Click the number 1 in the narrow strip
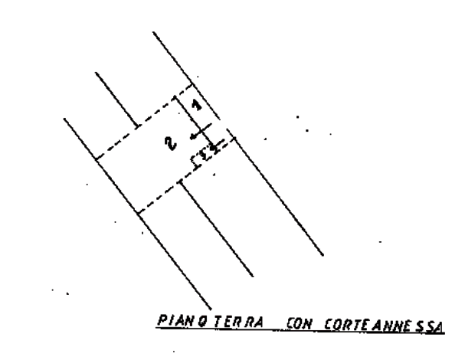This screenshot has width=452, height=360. [x=197, y=105]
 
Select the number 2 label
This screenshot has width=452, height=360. [x=171, y=143]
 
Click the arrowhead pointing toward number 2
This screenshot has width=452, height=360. [x=193, y=137]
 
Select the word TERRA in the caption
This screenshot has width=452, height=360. [x=239, y=322]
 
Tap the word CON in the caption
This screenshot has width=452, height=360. [x=299, y=324]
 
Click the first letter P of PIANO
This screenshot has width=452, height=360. [x=162, y=320]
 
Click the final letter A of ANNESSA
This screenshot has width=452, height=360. [x=437, y=327]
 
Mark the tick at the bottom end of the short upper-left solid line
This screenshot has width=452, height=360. [x=138, y=126]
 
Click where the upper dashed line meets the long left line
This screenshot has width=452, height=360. [x=96, y=159]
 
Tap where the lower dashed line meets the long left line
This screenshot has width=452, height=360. [x=139, y=214]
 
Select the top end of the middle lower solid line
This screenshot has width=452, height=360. [x=181, y=182]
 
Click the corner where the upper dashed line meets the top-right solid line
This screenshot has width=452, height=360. [x=192, y=84]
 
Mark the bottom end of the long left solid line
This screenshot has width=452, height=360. [x=211, y=309]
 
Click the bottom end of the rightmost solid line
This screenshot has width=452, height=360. [x=323, y=255]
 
